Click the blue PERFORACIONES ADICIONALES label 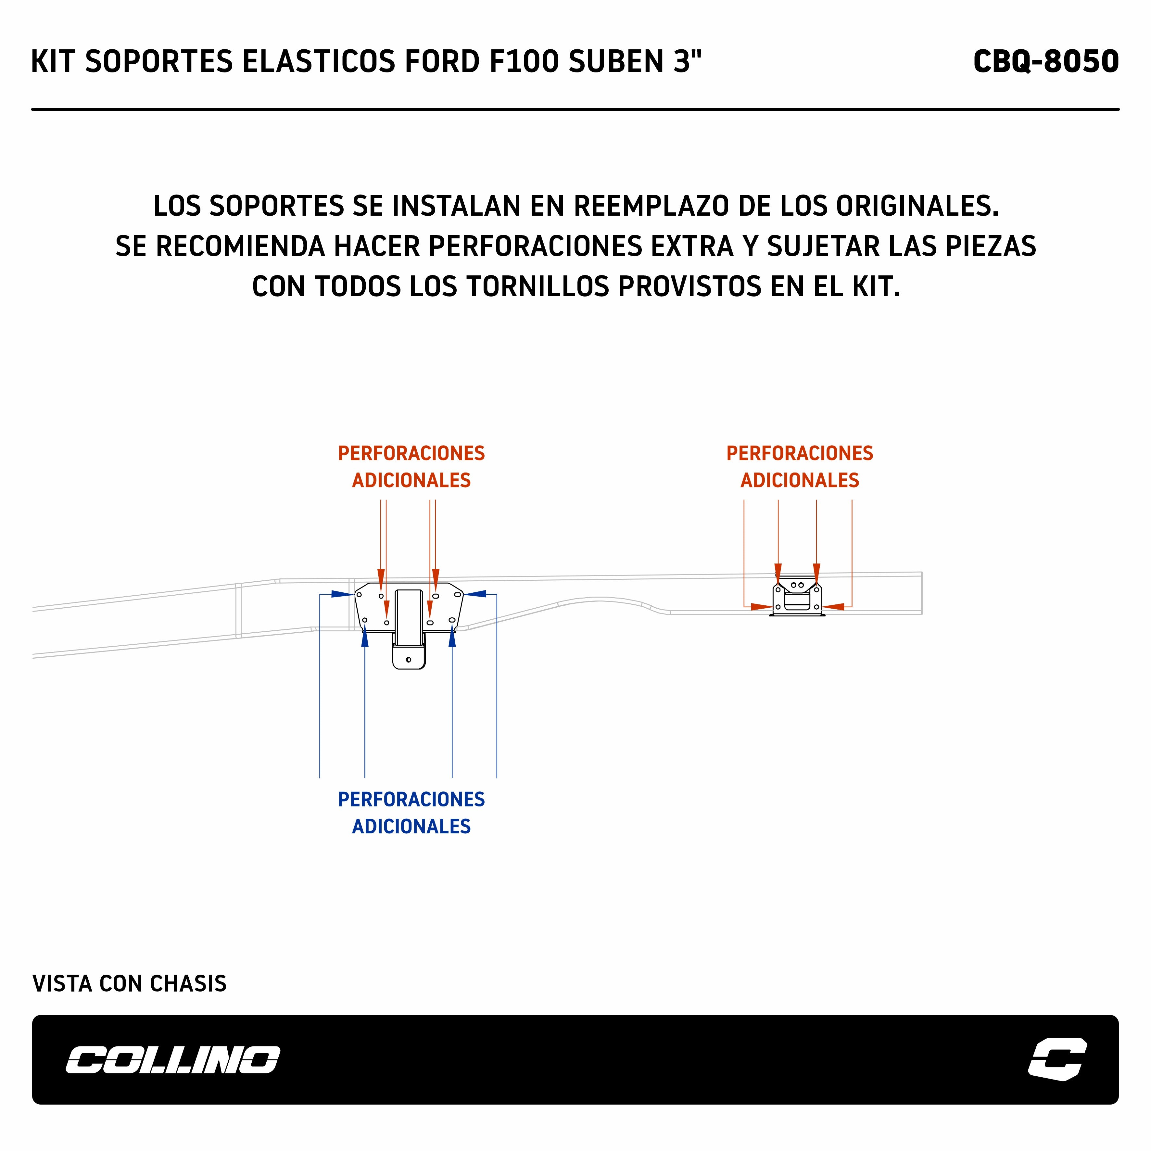click(411, 813)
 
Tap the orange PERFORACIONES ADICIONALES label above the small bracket click(800, 466)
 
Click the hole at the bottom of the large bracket click(408, 660)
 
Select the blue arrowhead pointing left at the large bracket click(475, 594)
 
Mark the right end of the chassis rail click(921, 593)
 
